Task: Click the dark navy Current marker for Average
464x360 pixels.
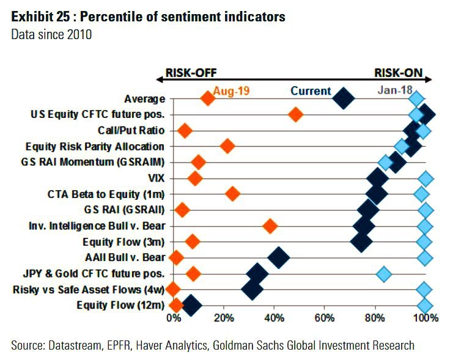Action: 344,98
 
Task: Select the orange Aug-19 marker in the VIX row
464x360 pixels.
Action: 195,178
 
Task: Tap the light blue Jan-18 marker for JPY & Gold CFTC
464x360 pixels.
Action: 384,273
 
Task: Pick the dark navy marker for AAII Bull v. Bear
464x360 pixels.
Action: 279,257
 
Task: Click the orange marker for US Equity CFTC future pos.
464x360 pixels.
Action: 296,114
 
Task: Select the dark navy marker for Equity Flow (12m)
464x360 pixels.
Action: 191,305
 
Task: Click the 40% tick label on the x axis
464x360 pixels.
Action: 274,318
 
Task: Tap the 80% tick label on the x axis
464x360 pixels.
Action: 375,318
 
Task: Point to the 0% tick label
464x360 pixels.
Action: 174,318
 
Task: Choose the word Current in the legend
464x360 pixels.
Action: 311,91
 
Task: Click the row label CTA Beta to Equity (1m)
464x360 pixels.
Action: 106,194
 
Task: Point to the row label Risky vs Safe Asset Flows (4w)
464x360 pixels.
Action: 89,289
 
